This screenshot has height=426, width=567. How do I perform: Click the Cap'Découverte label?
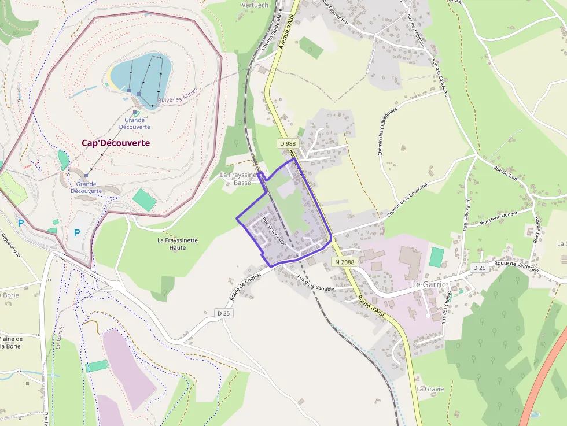pyautogui.click(x=116, y=143)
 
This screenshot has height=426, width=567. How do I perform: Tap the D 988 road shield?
pyautogui.click(x=288, y=143)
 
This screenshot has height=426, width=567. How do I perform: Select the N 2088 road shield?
pyautogui.click(x=344, y=262)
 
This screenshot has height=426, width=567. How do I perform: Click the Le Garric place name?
pyautogui.click(x=429, y=285)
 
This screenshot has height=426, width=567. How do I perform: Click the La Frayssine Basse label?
pyautogui.click(x=242, y=179)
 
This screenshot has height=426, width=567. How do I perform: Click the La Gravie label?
pyautogui.click(x=430, y=389)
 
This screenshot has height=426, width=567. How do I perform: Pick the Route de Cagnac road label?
pyautogui.click(x=246, y=286)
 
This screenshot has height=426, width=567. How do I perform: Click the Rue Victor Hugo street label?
pyautogui.click(x=274, y=232)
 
